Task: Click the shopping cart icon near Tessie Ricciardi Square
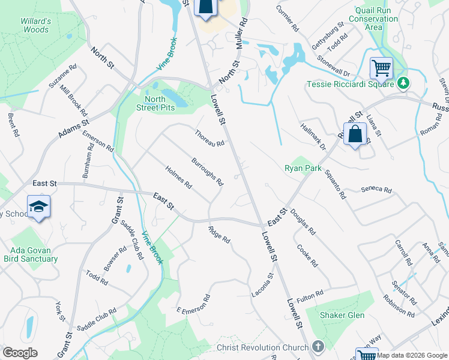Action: pyautogui.click(x=381, y=68)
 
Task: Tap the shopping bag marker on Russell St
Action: pyautogui.click(x=355, y=134)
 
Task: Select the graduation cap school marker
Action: pyautogui.click(x=38, y=207)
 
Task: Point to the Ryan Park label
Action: pyautogui.click(x=303, y=169)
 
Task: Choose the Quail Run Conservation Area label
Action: pyautogui.click(x=377, y=19)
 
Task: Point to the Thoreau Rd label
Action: pyautogui.click(x=209, y=139)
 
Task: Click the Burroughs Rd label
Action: pyautogui.click(x=207, y=172)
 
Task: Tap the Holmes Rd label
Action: pyautogui.click(x=178, y=176)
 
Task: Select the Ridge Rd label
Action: pyautogui.click(x=219, y=234)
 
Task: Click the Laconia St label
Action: pyautogui.click(x=262, y=285)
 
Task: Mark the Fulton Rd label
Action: pyautogui.click(x=310, y=295)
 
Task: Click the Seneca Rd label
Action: pyautogui.click(x=376, y=190)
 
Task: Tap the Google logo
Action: pyautogui.click(x=20, y=353)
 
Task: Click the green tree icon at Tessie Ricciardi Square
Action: pyautogui.click(x=405, y=84)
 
